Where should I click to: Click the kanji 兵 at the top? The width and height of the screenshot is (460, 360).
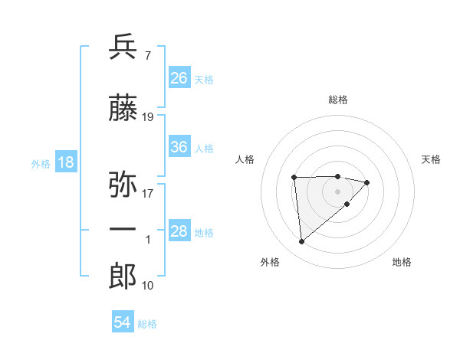coord(123,47)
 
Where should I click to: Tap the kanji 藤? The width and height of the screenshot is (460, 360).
coord(123,110)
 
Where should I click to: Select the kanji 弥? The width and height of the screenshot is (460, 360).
coord(123,185)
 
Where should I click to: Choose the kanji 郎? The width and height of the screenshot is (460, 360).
coord(123,277)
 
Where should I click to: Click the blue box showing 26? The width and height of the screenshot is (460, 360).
coord(179,77)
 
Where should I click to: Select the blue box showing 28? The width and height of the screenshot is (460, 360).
coord(179,231)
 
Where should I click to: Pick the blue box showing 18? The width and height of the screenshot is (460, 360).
coord(65,162)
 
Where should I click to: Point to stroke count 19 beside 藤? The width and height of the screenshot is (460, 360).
coord(148,117)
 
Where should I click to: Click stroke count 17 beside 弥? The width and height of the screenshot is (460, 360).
coord(148,193)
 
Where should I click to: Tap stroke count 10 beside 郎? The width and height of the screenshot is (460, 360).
coord(148,285)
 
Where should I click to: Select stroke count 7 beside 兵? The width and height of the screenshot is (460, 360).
coord(147,55)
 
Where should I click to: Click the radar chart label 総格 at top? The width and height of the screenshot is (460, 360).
coord(338,100)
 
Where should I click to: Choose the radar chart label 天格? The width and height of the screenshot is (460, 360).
coord(432,159)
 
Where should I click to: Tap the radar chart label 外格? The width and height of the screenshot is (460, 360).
coord(270,262)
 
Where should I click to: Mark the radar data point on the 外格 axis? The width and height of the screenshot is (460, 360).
coord(302,241)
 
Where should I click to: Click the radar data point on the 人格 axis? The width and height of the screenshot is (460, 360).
coord(294,178)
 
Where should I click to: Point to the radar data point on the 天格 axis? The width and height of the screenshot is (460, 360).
coord(367,182)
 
